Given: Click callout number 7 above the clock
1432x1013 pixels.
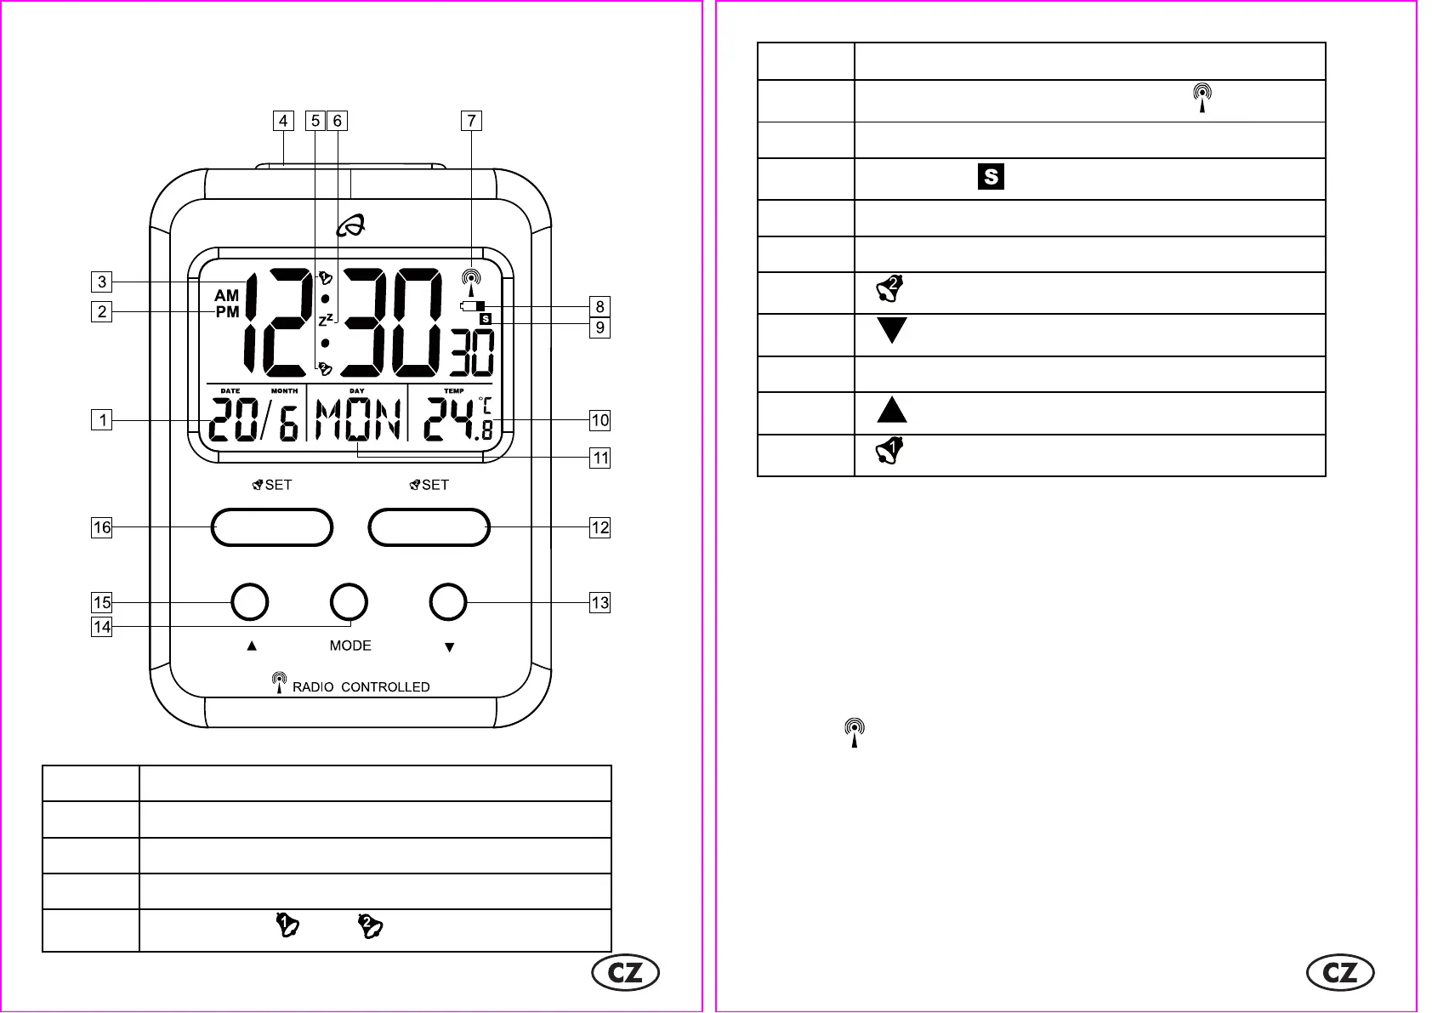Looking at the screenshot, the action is (x=471, y=121).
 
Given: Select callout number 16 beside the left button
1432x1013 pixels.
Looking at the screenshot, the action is (x=102, y=527).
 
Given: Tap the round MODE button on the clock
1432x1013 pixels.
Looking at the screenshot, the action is (x=349, y=602).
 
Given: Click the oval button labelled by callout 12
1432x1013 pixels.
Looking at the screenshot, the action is (x=429, y=527).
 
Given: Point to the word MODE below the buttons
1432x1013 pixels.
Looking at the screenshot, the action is (x=350, y=646).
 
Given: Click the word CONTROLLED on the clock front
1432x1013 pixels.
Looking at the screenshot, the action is (x=385, y=687).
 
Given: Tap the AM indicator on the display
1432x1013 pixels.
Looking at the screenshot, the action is (x=226, y=295).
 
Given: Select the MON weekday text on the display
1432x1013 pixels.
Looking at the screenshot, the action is (x=358, y=419).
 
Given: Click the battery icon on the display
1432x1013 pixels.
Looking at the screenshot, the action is (x=473, y=306).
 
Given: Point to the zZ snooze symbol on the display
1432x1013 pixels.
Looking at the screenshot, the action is (x=326, y=320).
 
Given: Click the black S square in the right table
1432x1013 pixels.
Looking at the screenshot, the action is (x=991, y=177).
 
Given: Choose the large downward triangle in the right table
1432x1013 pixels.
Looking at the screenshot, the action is (x=892, y=330).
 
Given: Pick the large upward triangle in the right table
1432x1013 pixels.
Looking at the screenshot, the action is (x=892, y=410).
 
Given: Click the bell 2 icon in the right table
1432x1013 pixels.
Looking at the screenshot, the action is (x=889, y=289).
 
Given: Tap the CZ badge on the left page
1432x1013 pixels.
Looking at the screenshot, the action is (x=626, y=973).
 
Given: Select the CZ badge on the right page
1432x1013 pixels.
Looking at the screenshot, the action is (x=1340, y=973).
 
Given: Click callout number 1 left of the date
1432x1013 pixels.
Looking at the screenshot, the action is (x=102, y=419).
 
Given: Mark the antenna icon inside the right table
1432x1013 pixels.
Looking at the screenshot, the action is (x=1202, y=97).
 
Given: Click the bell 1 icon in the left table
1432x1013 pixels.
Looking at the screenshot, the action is (x=287, y=925).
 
